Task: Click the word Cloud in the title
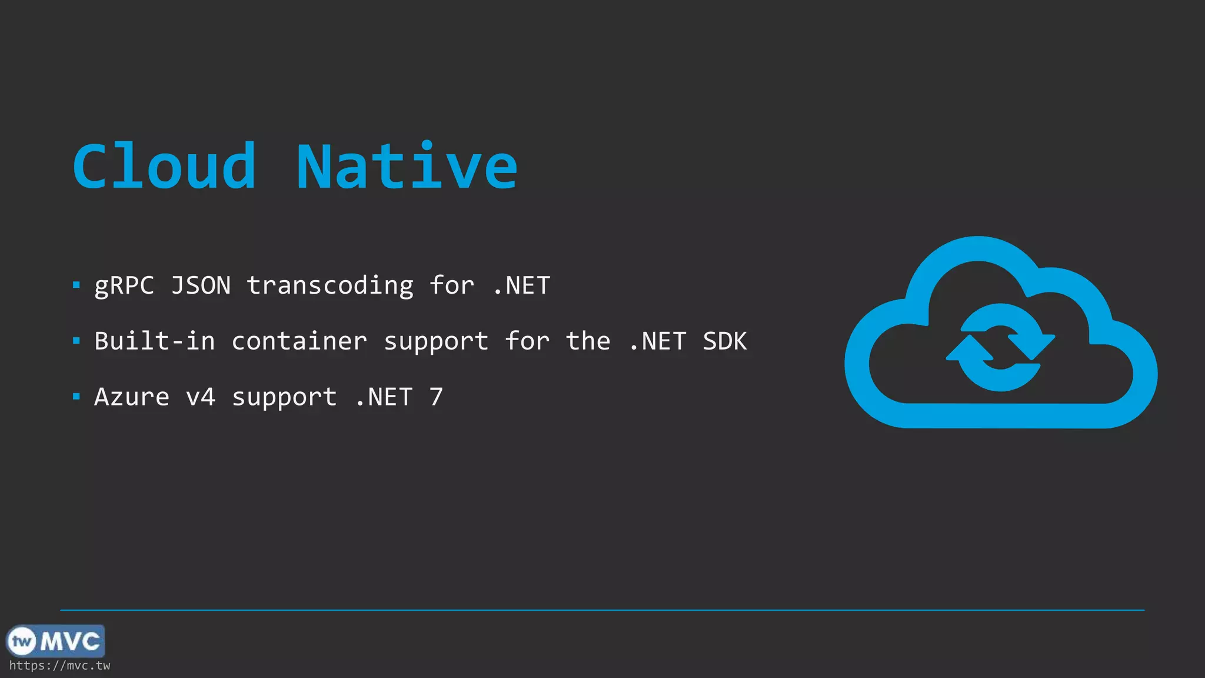[164, 167]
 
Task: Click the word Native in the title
[407, 167]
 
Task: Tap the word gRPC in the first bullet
[124, 286]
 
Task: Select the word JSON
[201, 286]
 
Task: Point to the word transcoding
[330, 286]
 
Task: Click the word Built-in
[155, 341]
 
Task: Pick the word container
[299, 341]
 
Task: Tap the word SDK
[724, 341]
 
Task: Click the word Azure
[132, 397]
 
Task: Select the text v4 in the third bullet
[201, 397]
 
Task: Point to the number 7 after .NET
[436, 397]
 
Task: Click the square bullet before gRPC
[76, 286]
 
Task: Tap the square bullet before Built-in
[76, 341]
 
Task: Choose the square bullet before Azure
[76, 397]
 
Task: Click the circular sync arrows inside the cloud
[1000, 347]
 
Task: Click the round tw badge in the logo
[22, 641]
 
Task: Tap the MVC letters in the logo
[71, 641]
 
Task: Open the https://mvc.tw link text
[59, 666]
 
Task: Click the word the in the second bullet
[588, 341]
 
